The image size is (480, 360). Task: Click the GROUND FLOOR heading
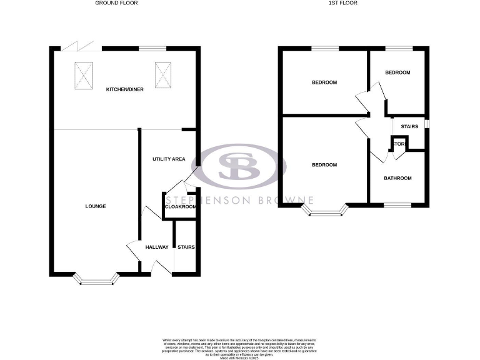pos(116,3)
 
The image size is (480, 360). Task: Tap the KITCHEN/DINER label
pos(125,89)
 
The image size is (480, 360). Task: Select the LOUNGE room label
pos(96,206)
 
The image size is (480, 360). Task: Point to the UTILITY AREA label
pos(169,159)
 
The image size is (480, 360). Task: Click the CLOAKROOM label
pos(180,206)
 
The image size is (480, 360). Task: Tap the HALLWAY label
pos(157,247)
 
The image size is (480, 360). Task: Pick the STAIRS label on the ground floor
pos(186,247)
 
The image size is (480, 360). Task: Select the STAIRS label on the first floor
pos(409,127)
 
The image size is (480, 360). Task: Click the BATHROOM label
pos(397,178)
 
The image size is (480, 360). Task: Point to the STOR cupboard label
pos(399,144)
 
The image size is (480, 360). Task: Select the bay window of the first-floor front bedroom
pos(324,211)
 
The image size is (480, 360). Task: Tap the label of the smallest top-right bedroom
pos(397,72)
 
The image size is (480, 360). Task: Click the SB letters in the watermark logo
pos(242,166)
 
